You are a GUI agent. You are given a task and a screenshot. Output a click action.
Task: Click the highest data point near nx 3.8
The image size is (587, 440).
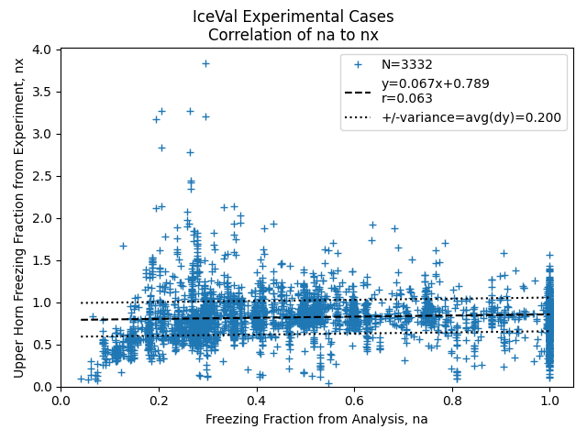pyautogui.click(x=205, y=64)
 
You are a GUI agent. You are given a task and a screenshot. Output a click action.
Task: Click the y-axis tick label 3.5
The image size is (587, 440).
pyautogui.click(x=41, y=92)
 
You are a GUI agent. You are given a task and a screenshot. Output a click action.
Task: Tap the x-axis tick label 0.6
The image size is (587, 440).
pyautogui.click(x=354, y=401)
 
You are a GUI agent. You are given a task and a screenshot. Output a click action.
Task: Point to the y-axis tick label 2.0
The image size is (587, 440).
pyautogui.click(x=41, y=218)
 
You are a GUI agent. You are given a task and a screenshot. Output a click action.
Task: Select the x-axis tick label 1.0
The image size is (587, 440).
pyautogui.click(x=549, y=401)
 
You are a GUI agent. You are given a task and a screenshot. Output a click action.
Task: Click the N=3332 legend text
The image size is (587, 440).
pyautogui.click(x=407, y=65)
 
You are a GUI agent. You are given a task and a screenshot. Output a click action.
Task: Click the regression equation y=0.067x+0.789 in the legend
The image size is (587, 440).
pyautogui.click(x=436, y=83)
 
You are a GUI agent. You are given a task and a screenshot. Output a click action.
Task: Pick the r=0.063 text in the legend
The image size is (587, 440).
pyautogui.click(x=407, y=98)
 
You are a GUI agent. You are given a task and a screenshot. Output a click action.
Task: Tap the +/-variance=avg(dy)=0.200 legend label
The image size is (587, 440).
pyautogui.click(x=471, y=117)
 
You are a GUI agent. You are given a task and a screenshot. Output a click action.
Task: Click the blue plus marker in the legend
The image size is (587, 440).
pyautogui.click(x=358, y=65)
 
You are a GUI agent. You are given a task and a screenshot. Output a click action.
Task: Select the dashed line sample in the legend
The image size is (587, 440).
pyautogui.click(x=358, y=93)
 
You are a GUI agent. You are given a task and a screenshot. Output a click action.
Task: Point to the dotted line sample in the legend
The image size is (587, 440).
pyautogui.click(x=358, y=117)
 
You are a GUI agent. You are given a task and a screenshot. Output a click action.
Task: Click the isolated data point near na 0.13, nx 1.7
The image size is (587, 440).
pyautogui.click(x=123, y=247)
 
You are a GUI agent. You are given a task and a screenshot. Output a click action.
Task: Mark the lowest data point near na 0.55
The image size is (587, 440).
pyautogui.click(x=328, y=384)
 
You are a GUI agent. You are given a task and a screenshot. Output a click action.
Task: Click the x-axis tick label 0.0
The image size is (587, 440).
pyautogui.click(x=61, y=401)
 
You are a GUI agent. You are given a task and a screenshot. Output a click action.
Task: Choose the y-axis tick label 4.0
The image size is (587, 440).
pyautogui.click(x=41, y=49)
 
